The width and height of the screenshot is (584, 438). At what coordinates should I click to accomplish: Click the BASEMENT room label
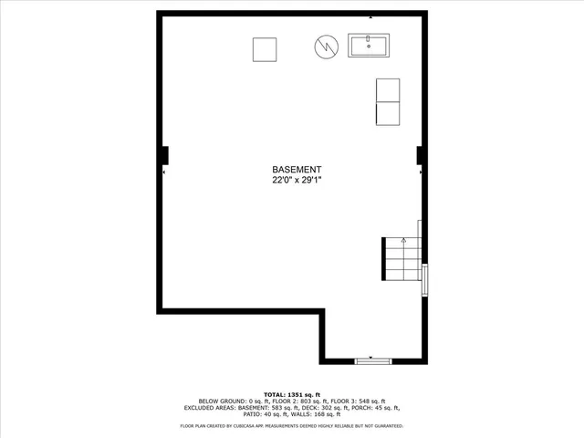pos(297,170)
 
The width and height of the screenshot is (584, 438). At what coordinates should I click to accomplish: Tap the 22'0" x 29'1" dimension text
pos(297,181)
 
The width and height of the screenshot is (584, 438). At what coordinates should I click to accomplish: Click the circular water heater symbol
pos(327,46)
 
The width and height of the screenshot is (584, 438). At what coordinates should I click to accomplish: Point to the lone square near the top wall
pos(266,48)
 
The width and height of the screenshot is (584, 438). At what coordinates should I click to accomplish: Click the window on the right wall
pos(424,281)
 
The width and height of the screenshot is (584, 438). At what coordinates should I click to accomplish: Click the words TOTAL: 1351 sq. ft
pos(291,393)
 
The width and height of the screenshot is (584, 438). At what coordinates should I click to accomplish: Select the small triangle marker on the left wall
pos(164,171)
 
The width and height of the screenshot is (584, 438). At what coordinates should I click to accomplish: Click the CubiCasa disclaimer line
pos(291,425)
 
